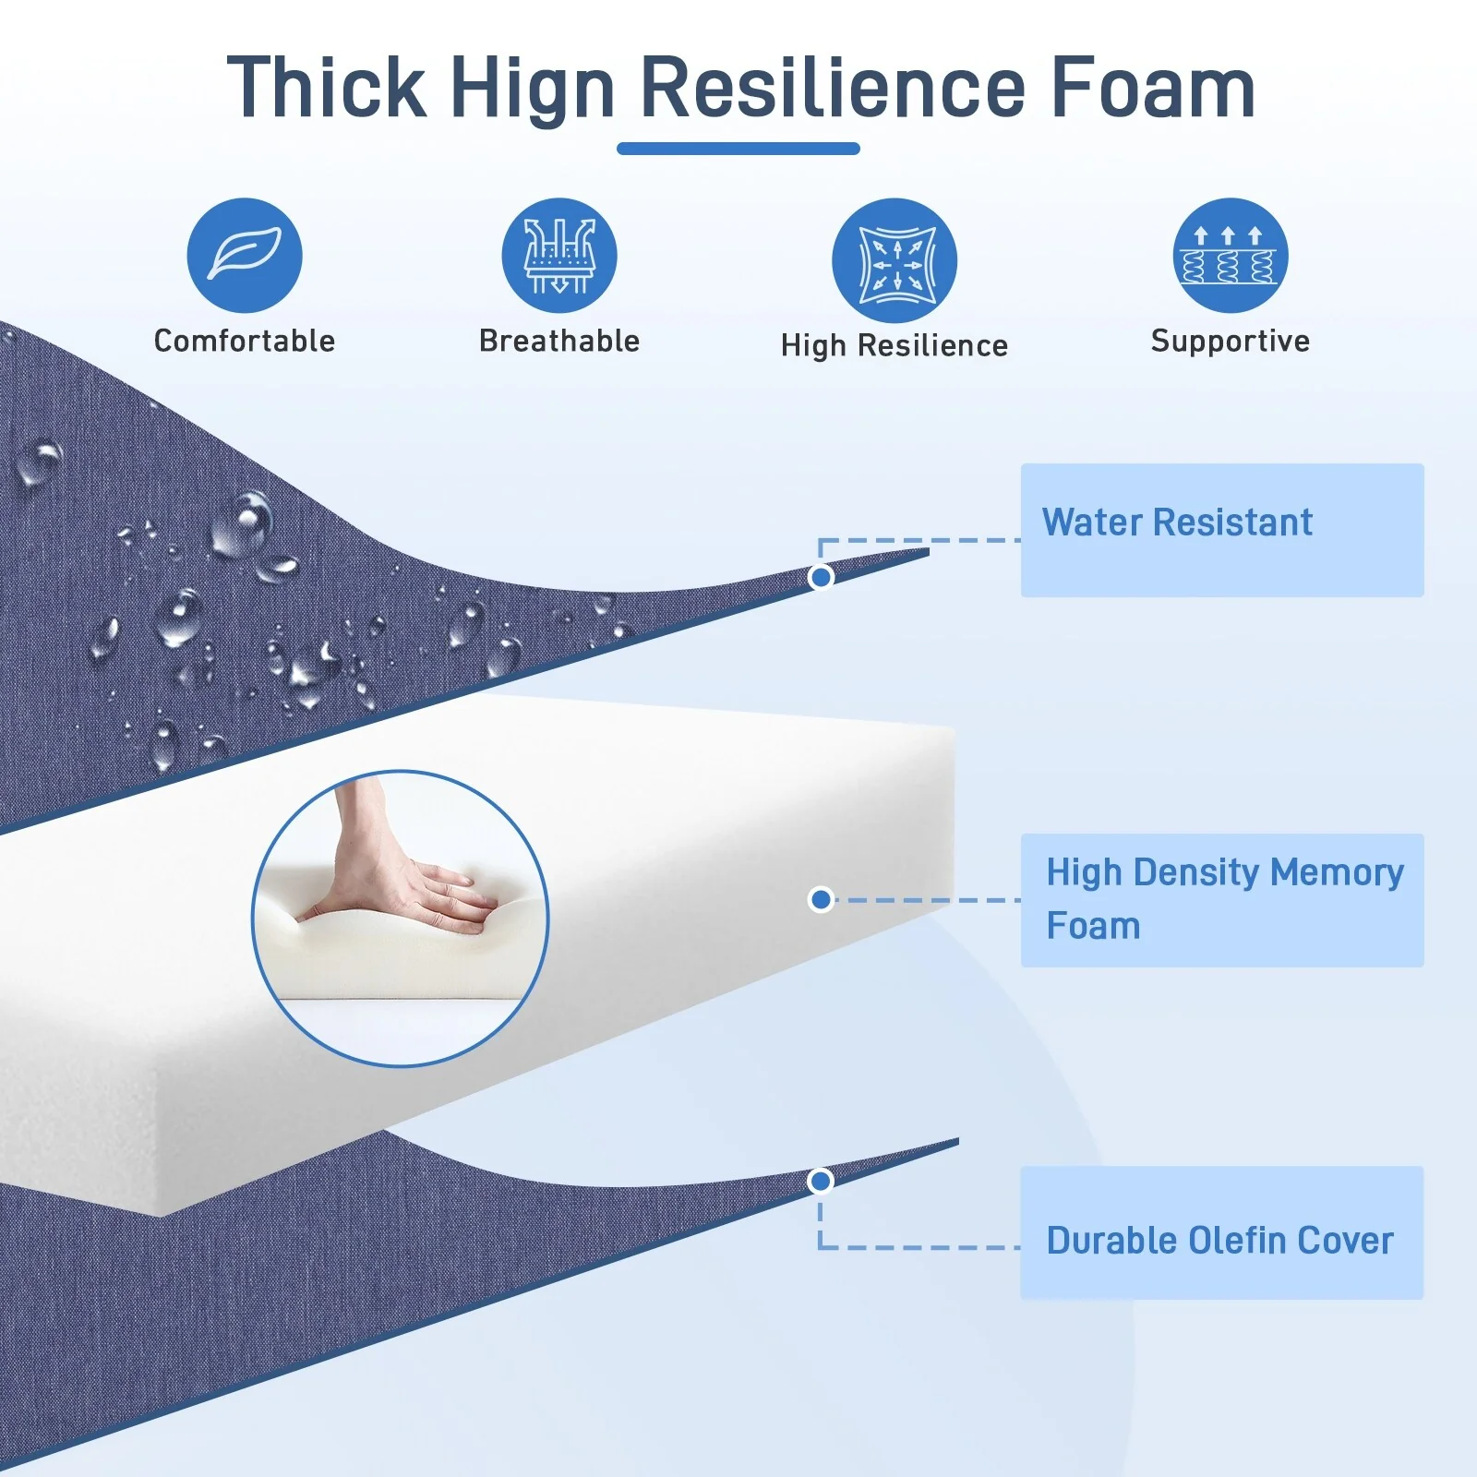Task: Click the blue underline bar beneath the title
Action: pos(738,149)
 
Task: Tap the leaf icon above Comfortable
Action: pos(245,255)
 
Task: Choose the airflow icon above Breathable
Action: pos(559,255)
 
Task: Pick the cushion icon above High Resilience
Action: pos(895,259)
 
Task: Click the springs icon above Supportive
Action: pos(1231,255)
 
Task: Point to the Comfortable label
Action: pos(245,341)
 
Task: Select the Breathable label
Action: pos(559,341)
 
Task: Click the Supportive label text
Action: pos(1231,342)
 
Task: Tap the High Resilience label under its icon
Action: pos(895,345)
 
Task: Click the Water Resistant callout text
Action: pos(1177,522)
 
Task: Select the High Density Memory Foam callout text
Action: pos(1225,898)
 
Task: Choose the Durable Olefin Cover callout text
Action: pos(1219,1241)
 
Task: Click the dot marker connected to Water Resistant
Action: pos(821,577)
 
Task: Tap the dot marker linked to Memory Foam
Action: pos(821,899)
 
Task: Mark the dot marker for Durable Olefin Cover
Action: pos(820,1181)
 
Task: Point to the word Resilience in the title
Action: pos(833,88)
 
